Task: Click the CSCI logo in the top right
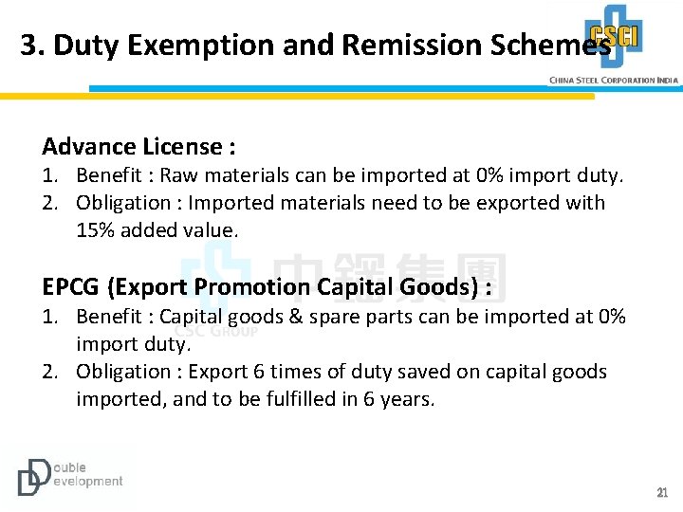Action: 613,36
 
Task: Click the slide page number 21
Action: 662,493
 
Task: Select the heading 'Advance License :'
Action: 138,147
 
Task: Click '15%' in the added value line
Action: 95,229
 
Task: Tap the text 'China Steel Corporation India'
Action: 614,81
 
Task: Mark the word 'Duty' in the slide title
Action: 85,46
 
